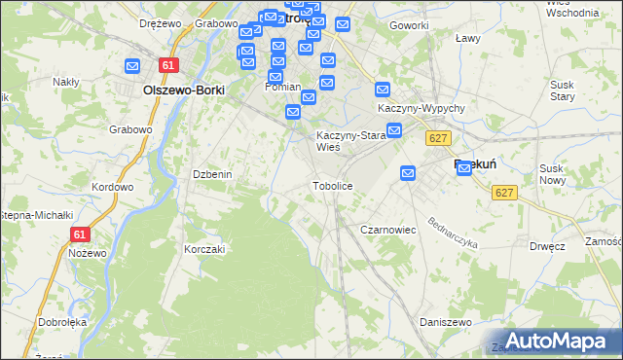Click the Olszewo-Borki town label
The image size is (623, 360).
(183, 90)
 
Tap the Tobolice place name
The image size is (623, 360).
(332, 185)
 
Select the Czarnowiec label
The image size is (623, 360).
(388, 230)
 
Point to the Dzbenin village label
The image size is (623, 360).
(211, 174)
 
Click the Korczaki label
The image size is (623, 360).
(204, 249)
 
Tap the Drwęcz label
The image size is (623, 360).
(548, 246)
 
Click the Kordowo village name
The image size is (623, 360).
(111, 187)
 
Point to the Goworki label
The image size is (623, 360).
(408, 25)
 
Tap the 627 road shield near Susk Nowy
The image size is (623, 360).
(503, 193)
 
